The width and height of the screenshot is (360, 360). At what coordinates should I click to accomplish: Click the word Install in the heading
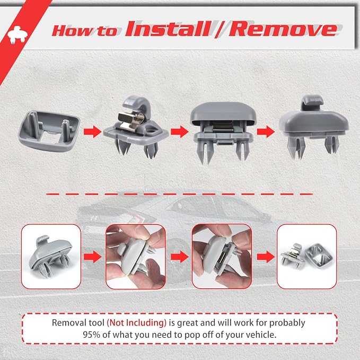(168, 29)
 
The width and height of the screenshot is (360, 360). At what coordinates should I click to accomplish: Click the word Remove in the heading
(283, 29)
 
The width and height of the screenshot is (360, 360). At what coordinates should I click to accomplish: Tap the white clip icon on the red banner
(17, 34)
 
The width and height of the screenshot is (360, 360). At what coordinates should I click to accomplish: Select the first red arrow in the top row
(93, 132)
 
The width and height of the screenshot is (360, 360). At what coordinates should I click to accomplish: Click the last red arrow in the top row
(266, 132)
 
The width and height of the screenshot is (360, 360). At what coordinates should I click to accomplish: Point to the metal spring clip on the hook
(131, 121)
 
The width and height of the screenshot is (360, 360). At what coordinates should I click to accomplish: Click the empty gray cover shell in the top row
(49, 130)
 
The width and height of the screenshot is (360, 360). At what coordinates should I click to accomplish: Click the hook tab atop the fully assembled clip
(312, 102)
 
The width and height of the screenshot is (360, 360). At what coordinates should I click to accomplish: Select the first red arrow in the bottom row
(93, 257)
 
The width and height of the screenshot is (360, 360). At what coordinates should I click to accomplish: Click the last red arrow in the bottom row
(266, 257)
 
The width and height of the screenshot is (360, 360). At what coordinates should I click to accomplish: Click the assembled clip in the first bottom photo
(51, 257)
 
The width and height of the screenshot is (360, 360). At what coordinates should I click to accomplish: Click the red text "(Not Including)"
(137, 322)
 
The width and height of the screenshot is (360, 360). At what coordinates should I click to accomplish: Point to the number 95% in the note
(91, 335)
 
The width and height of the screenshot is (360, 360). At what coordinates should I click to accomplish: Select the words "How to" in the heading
(84, 31)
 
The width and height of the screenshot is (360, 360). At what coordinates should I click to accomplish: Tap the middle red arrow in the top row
(180, 132)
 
